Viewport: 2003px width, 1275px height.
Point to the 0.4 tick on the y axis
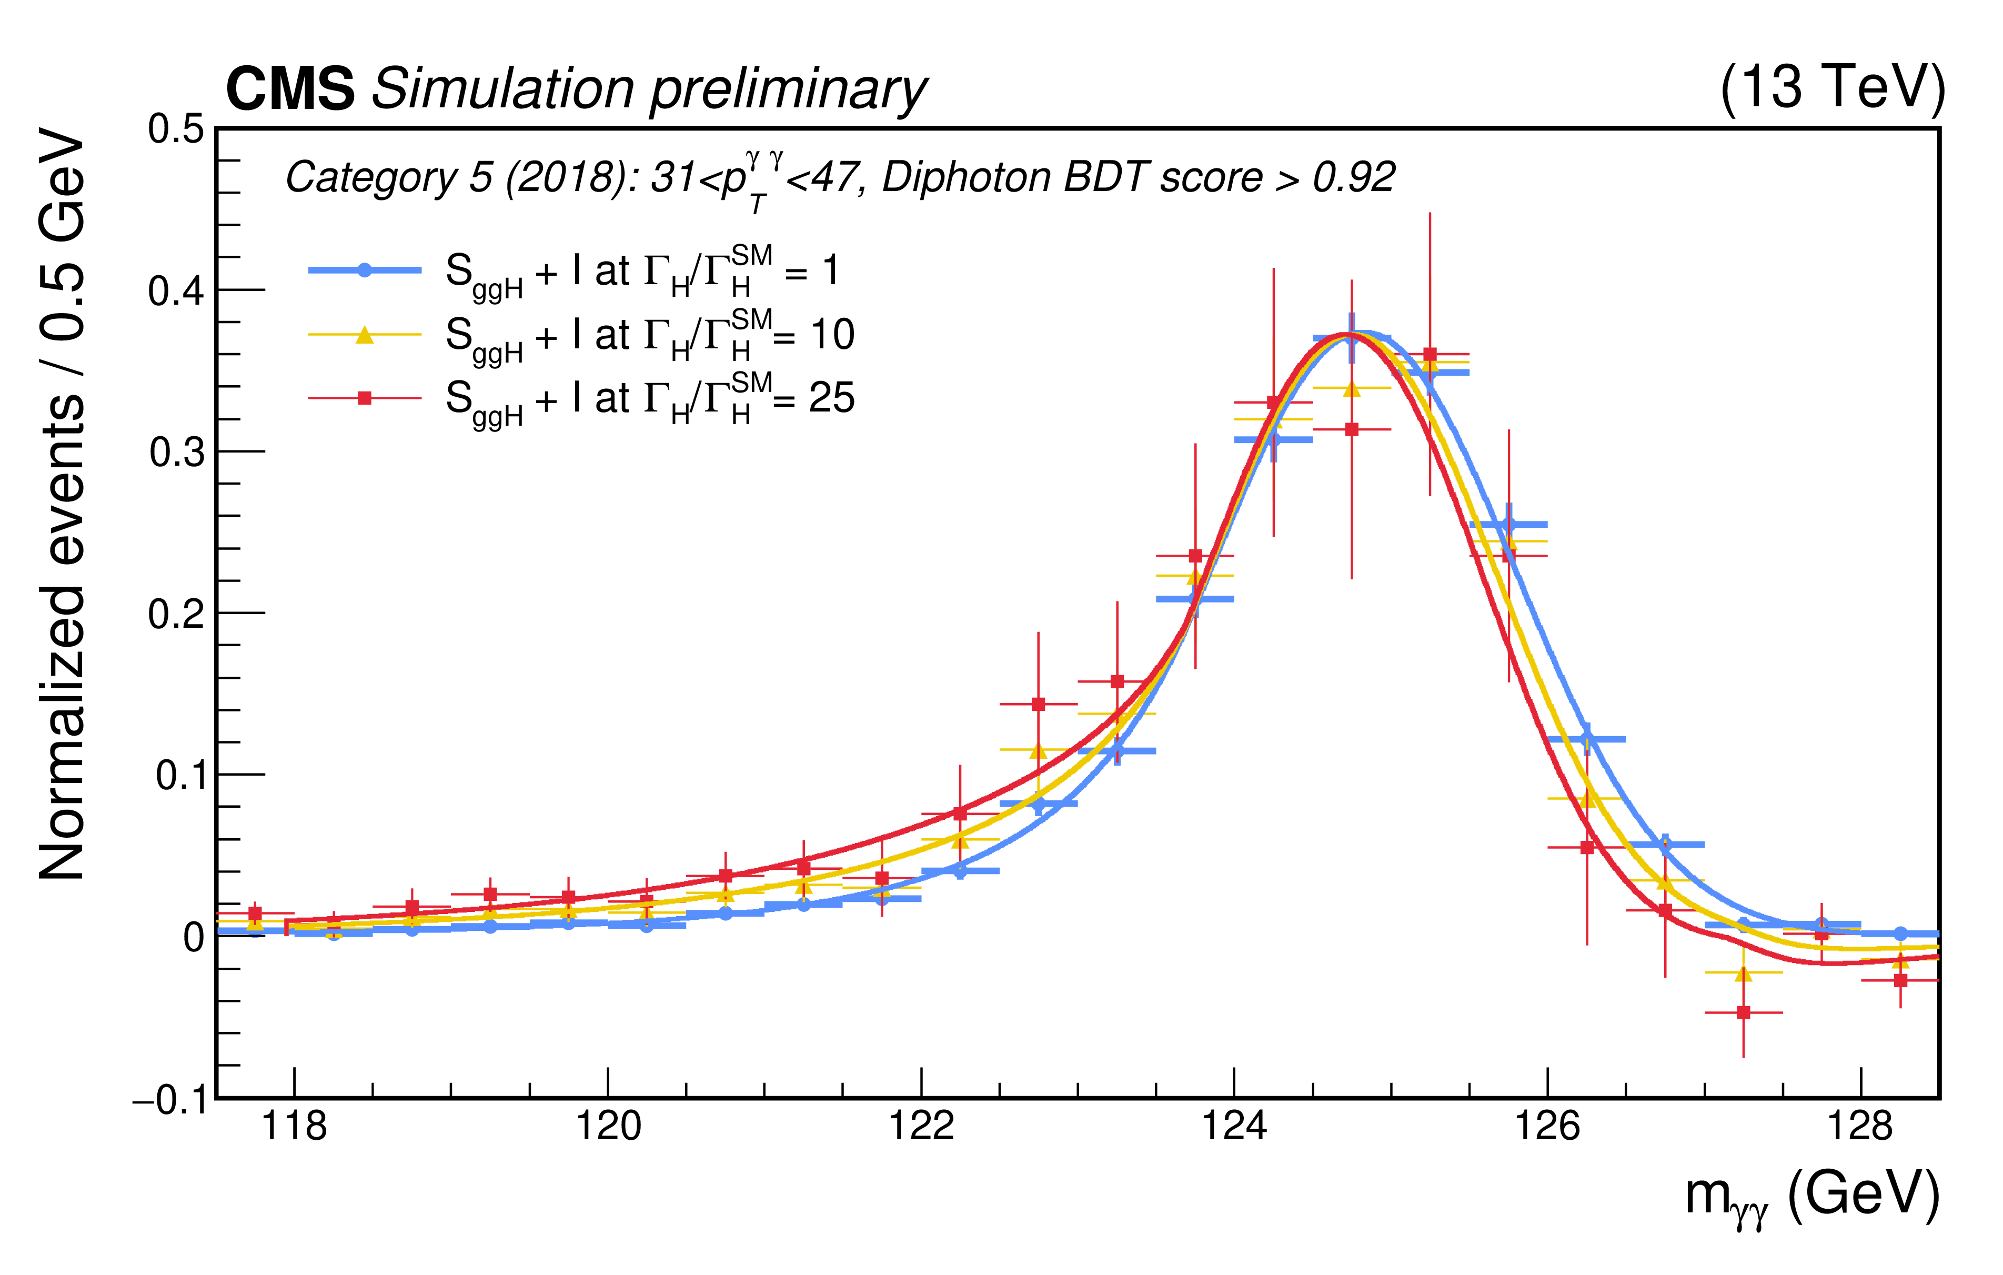coord(176,291)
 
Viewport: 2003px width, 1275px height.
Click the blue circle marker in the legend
coord(364,269)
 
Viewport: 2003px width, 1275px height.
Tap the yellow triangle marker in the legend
coord(364,335)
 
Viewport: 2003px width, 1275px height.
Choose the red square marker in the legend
coord(364,398)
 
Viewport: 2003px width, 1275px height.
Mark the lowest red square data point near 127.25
coord(1744,1013)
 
